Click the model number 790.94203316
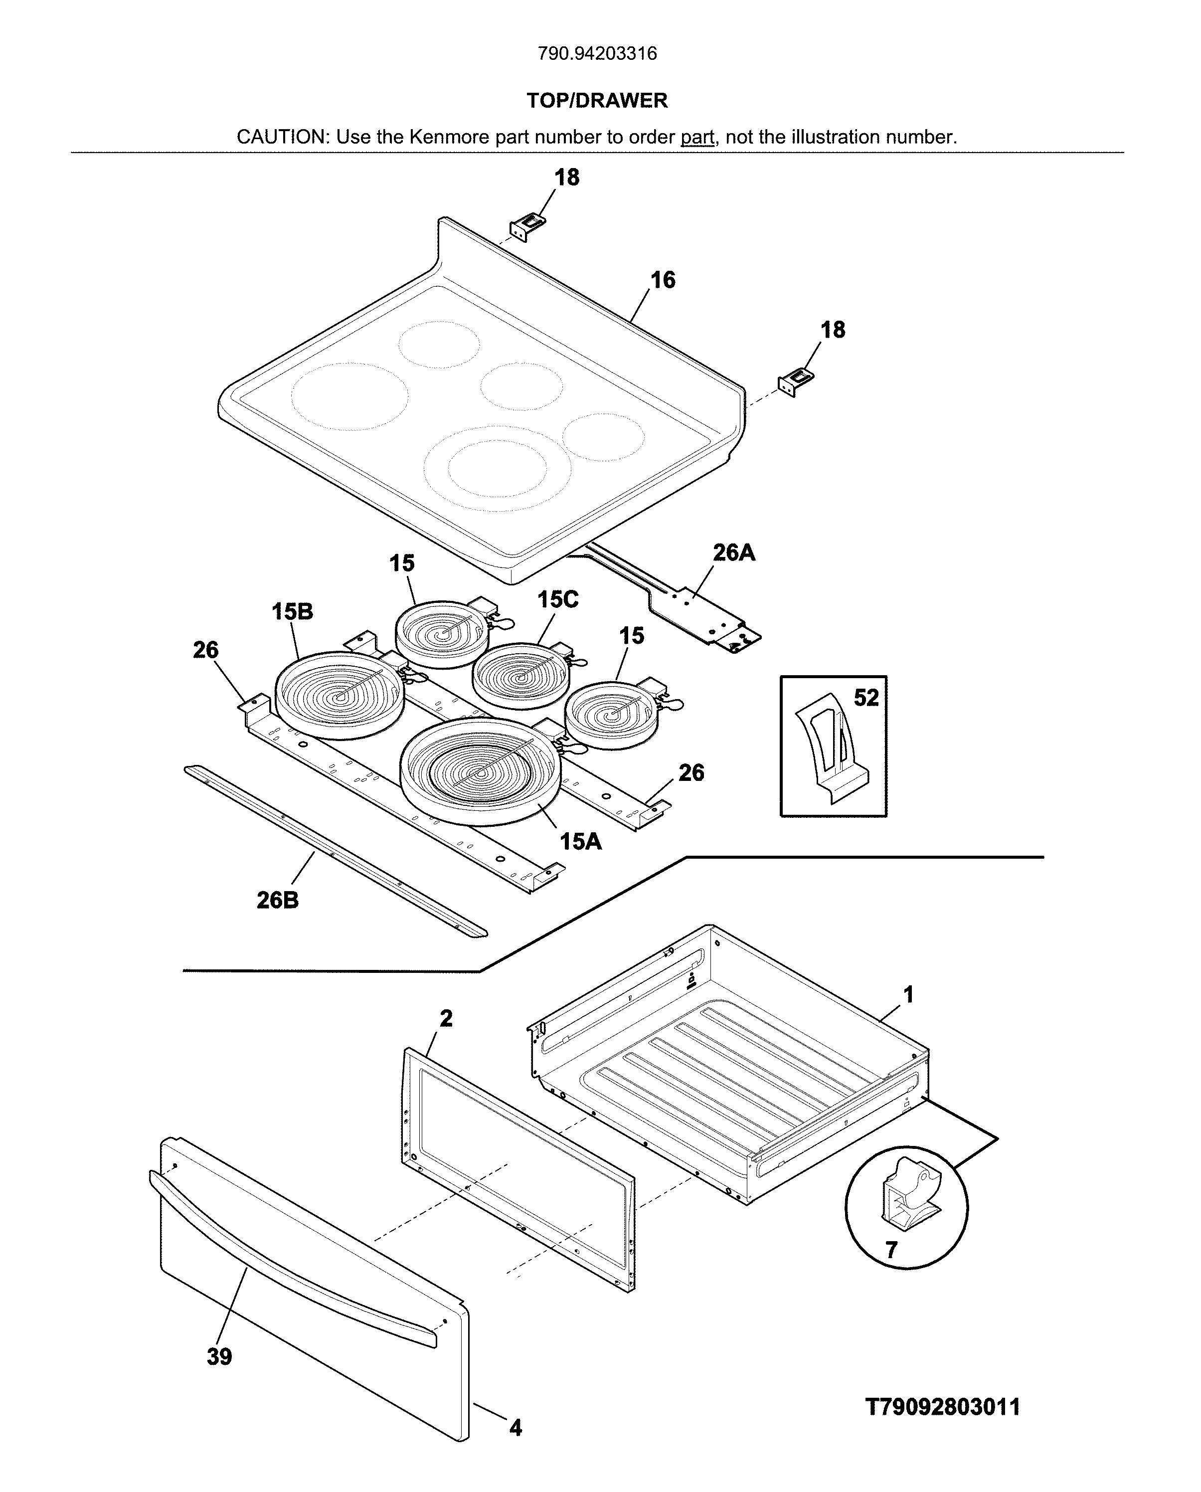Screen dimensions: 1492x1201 click(597, 53)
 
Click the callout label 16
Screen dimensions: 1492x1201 click(662, 280)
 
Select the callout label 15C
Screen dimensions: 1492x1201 click(557, 599)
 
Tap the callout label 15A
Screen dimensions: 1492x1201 click(580, 842)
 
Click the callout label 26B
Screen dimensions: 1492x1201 click(277, 900)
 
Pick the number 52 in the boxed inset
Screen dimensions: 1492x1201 click(865, 698)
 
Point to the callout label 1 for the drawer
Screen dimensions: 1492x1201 click(908, 994)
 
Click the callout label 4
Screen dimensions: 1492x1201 click(515, 1428)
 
